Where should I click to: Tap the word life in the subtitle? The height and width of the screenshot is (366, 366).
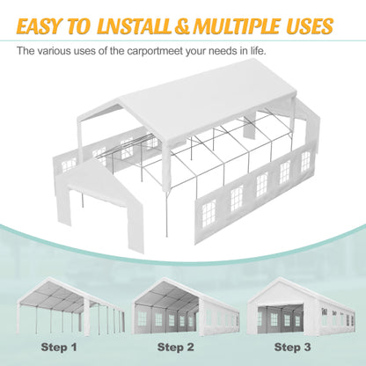pos(251,51)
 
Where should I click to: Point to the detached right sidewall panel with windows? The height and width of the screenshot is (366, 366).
pos(255,189)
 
